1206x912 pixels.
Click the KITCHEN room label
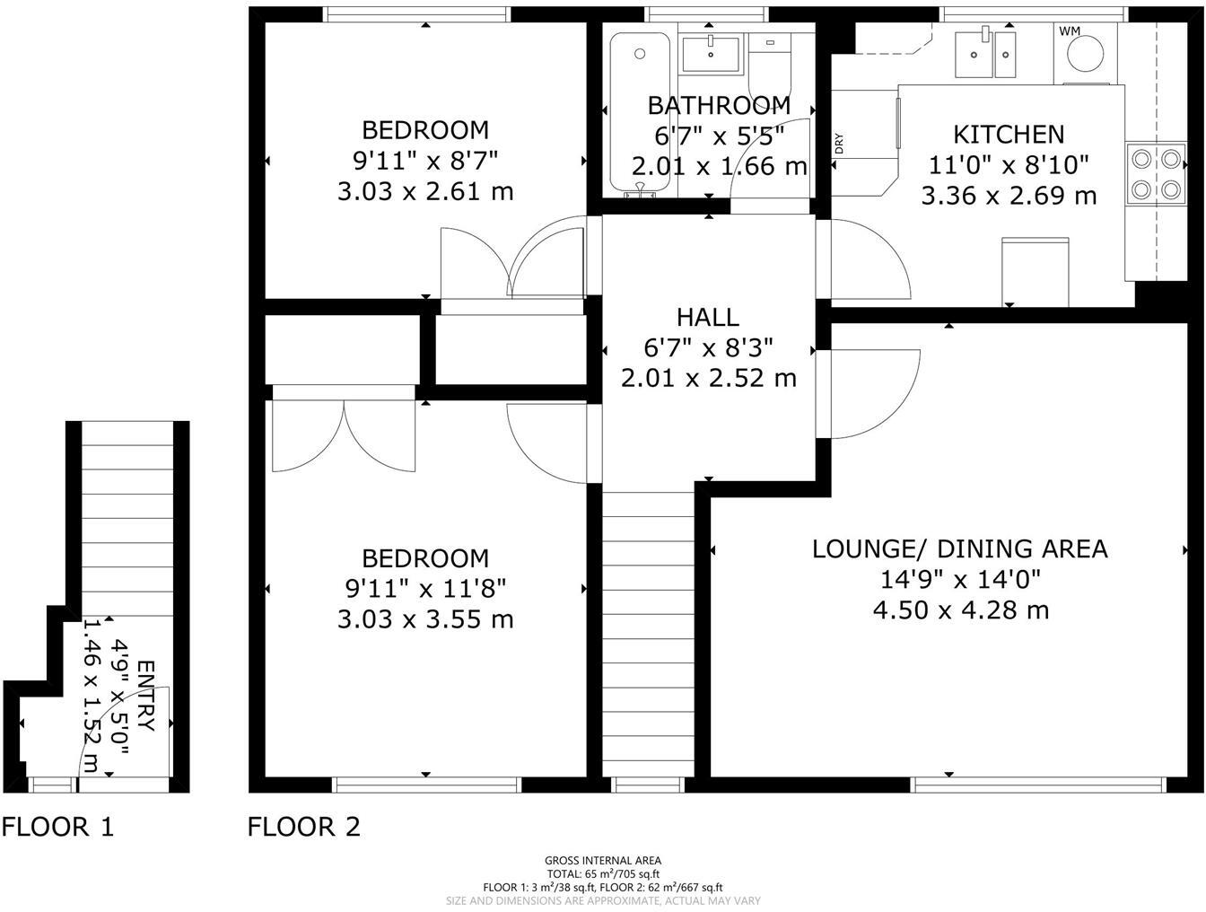point(1009,135)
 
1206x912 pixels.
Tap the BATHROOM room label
point(719,106)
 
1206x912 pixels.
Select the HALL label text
point(708,317)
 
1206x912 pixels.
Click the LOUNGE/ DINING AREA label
point(960,548)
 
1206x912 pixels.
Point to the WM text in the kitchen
point(1070,31)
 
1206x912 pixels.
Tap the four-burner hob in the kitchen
point(1157,174)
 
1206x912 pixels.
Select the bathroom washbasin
point(710,53)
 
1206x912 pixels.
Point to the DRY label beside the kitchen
point(839,144)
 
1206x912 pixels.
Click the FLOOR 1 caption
point(58,827)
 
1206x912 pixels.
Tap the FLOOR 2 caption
point(304,827)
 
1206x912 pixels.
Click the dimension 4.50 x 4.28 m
point(960,610)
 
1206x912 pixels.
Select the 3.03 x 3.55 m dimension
point(425,619)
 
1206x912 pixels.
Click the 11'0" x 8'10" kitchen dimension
point(1009,165)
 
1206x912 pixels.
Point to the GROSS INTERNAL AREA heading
point(603,861)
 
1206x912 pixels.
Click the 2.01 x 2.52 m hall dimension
point(708,378)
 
